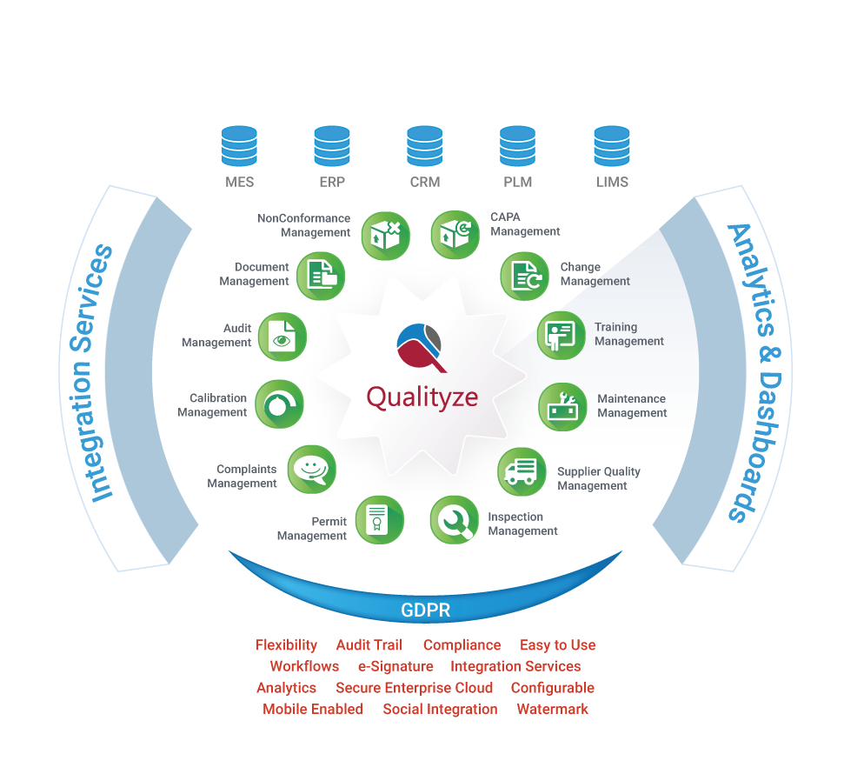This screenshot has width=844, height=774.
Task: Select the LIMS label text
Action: pyautogui.click(x=612, y=183)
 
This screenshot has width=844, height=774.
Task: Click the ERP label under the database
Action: pyautogui.click(x=332, y=183)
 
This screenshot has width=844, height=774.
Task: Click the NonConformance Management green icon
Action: pyautogui.click(x=385, y=235)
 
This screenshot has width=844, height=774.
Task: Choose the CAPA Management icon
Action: pyautogui.click(x=455, y=235)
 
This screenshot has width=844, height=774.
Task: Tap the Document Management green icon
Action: pyautogui.click(x=321, y=276)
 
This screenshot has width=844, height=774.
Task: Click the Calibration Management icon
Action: pyautogui.click(x=279, y=404)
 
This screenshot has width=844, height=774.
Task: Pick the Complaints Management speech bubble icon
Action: pyautogui.click(x=311, y=470)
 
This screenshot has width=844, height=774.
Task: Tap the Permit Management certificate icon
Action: pyautogui.click(x=379, y=520)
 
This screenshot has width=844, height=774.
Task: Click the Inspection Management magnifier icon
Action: pyautogui.click(x=454, y=520)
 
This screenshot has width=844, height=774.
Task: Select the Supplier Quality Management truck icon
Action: pyautogui.click(x=522, y=472)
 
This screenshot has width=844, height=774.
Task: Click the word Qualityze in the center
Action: pyautogui.click(x=422, y=397)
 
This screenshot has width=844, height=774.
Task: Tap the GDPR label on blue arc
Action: pyautogui.click(x=425, y=611)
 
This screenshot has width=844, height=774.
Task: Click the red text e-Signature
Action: pyautogui.click(x=395, y=666)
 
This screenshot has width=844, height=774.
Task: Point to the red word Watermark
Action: pyautogui.click(x=552, y=709)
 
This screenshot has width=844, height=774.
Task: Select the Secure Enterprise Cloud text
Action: pyautogui.click(x=414, y=688)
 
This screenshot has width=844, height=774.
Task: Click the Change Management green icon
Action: pyautogui.click(x=524, y=276)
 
